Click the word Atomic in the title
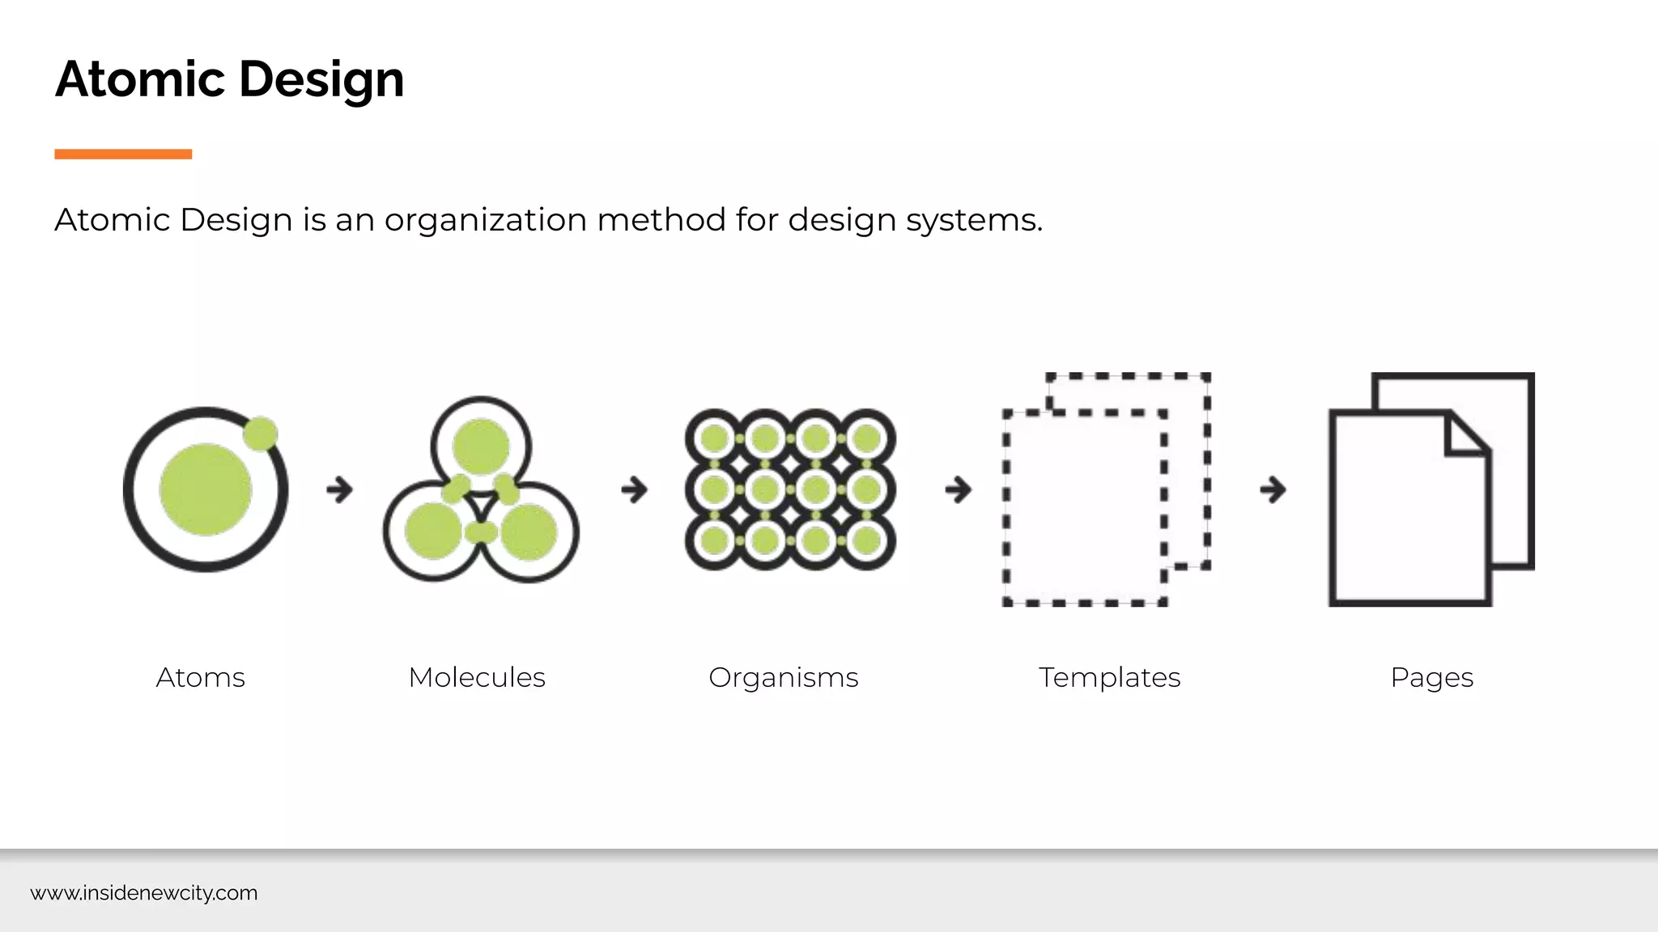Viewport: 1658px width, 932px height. point(139,79)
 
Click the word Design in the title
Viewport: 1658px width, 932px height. point(321,81)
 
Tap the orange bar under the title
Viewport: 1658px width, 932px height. point(123,154)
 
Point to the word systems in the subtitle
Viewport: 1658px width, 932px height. point(974,220)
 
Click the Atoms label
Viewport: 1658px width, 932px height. point(200,677)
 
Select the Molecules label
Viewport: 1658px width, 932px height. point(477,677)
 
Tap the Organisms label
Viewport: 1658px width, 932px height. point(783,677)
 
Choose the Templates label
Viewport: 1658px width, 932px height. point(1109,677)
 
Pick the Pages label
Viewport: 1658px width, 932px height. point(1431,677)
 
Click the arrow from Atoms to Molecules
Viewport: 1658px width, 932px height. point(340,489)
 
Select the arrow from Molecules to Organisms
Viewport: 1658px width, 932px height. point(635,489)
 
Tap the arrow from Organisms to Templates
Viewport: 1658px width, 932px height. point(959,489)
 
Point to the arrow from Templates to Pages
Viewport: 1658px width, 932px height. point(1273,489)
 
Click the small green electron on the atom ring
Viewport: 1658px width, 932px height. point(261,434)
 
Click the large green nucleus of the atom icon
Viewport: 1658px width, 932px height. point(206,489)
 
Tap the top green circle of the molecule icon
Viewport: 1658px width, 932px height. point(481,445)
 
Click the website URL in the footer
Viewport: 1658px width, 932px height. point(144,893)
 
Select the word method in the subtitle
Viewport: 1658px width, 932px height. point(661,220)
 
